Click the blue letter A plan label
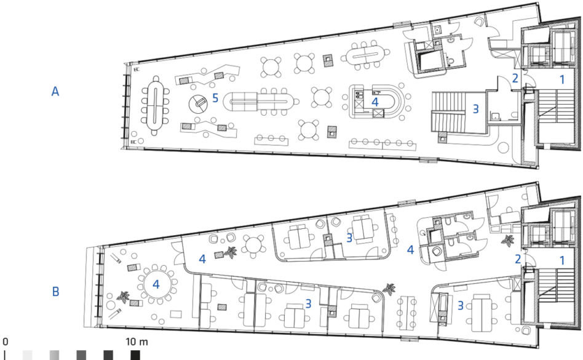tap(55, 92)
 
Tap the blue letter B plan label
tap(55, 291)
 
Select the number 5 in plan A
tap(215, 98)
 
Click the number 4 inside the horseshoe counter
tap(375, 102)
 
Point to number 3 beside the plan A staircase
tap(475, 109)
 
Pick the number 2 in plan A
tap(515, 78)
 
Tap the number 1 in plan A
tap(562, 79)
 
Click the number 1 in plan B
tap(562, 260)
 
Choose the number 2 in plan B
tap(518, 259)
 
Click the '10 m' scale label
tap(137, 342)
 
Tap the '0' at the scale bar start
tap(5, 342)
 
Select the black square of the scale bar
tap(135, 355)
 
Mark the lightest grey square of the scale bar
tap(28, 355)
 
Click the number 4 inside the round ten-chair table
tap(156, 284)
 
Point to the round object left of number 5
tap(198, 104)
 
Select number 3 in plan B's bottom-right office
tap(460, 306)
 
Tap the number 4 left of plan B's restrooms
tap(410, 250)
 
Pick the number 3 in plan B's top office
tap(349, 238)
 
